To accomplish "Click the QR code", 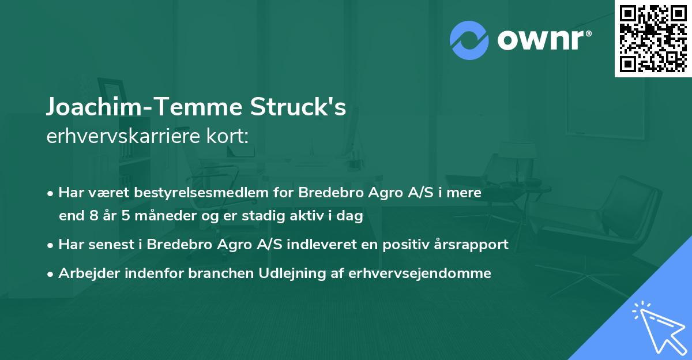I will click(x=653, y=38).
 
